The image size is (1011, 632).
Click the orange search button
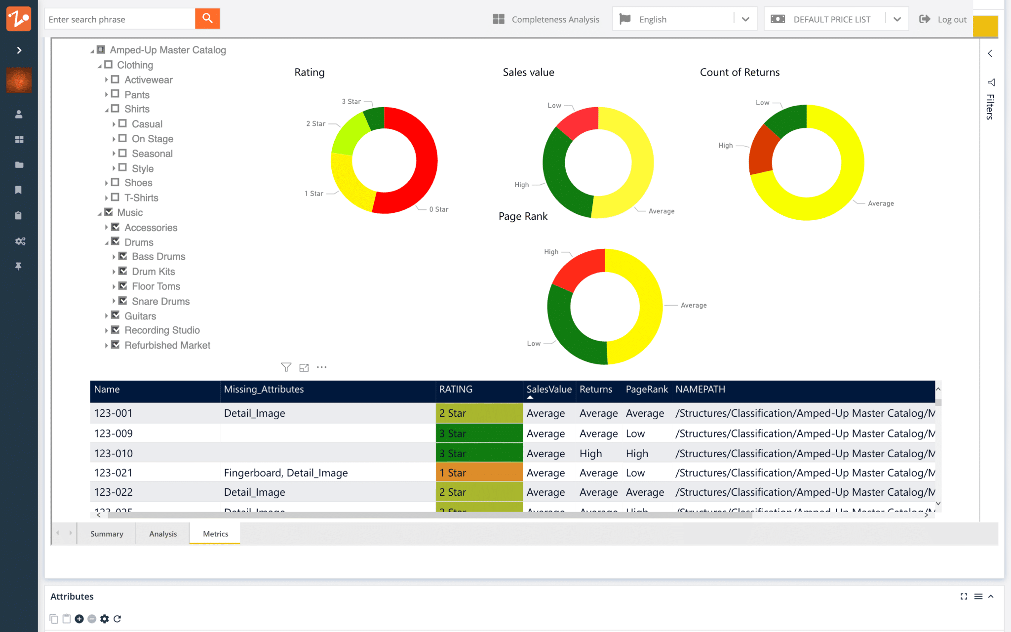tap(207, 19)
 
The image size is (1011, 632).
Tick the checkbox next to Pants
tap(115, 94)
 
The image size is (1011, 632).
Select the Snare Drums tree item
tap(160, 301)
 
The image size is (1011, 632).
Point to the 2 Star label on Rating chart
tap(315, 123)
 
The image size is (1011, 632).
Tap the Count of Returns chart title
tap(739, 72)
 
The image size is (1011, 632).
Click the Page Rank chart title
tap(523, 216)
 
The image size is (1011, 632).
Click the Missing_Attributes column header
tap(264, 389)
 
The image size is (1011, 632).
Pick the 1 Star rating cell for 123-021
tap(478, 473)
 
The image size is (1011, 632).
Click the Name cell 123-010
tap(114, 453)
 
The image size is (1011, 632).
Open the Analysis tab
tap(163, 534)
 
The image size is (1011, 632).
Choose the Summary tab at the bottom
tap(107, 534)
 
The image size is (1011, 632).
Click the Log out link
tap(951, 19)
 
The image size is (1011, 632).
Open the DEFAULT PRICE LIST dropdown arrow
tap(897, 19)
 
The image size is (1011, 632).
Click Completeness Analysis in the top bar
tap(555, 19)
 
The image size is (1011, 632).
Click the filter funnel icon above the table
tap(286, 367)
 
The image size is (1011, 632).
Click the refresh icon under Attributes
tap(117, 619)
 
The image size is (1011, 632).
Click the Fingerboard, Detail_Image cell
tap(286, 473)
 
